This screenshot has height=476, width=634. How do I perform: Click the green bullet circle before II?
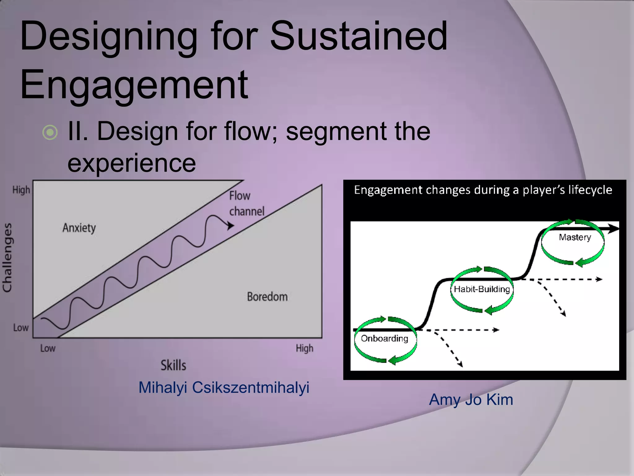(x=50, y=132)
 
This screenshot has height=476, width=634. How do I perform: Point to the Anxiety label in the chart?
(x=79, y=228)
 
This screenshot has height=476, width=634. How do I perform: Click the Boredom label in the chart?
(x=267, y=297)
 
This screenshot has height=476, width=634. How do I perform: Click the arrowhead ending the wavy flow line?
(x=230, y=226)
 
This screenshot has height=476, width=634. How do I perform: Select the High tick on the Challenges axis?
(x=21, y=190)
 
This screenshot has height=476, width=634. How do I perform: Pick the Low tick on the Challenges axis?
(x=21, y=328)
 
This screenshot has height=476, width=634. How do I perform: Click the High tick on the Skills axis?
(x=304, y=348)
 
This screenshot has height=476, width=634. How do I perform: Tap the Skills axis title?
(x=173, y=365)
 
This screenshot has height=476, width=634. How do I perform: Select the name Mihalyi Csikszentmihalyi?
(x=224, y=387)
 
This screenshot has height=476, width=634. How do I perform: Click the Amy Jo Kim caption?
(x=471, y=399)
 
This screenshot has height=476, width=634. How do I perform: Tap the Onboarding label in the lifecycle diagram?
(x=384, y=338)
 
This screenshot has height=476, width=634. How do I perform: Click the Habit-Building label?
(x=482, y=289)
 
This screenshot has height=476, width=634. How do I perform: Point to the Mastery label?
(x=575, y=237)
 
